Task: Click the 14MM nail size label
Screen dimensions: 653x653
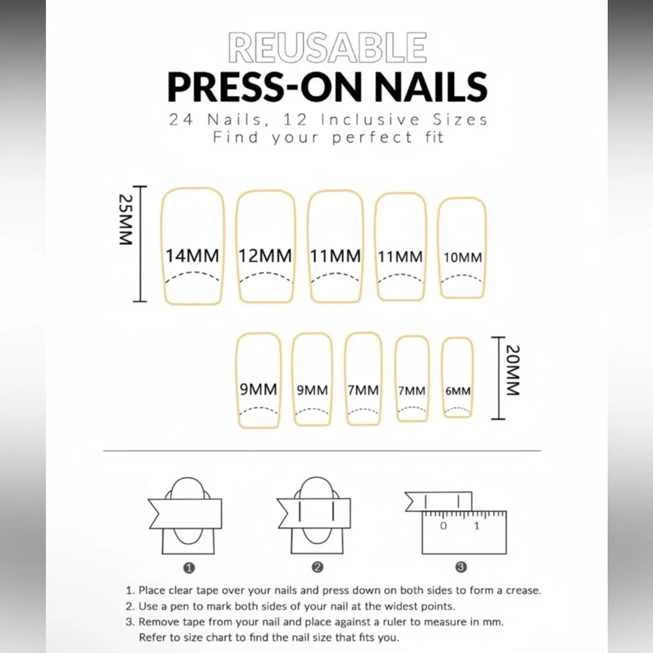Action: pos(193,256)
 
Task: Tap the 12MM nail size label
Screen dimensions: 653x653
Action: pos(265,256)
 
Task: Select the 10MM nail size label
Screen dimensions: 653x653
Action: pos(463,257)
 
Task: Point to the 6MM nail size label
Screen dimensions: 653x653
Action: pos(458,391)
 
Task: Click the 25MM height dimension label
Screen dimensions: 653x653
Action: pos(125,219)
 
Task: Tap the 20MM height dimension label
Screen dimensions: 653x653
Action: pos(513,370)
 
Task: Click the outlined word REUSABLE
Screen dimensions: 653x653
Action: pos(327,48)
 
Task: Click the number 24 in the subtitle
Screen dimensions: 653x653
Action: pos(181,120)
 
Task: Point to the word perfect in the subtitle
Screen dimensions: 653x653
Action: pos(372,138)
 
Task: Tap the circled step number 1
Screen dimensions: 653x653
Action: pos(189,567)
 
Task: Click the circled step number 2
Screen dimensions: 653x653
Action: pos(317,567)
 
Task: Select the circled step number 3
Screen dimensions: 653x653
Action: pos(461,567)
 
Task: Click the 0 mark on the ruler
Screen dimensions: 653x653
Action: pos(443,526)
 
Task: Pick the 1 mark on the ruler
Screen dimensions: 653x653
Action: pos(477,526)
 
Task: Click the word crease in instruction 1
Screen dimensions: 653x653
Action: pos(521,590)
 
